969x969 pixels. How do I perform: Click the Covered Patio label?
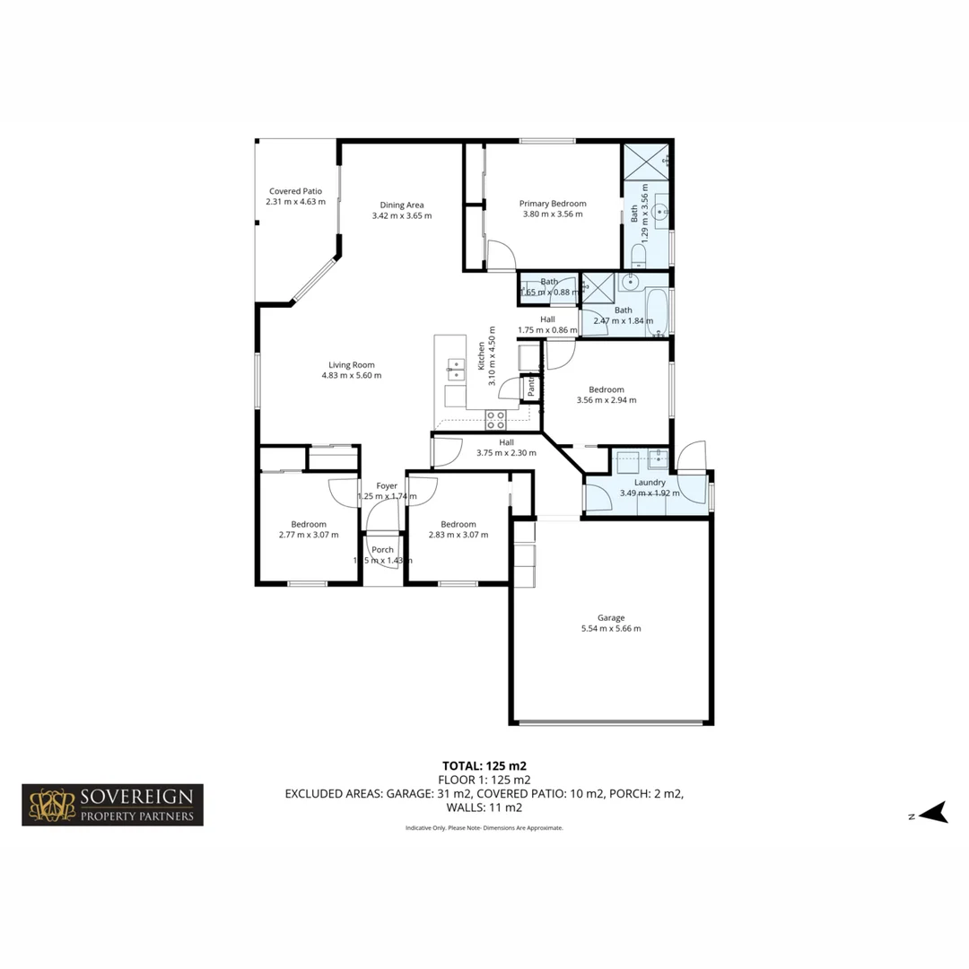tap(295, 191)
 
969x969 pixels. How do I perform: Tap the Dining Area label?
tap(402, 205)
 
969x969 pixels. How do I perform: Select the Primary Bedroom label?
tap(553, 204)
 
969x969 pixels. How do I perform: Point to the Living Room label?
tap(351, 364)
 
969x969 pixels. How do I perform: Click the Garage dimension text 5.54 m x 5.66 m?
tap(610, 629)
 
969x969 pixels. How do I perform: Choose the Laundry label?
tap(649, 482)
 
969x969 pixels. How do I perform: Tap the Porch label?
tap(383, 550)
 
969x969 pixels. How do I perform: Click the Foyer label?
tap(387, 485)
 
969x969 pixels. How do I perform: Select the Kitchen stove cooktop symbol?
tap(495, 419)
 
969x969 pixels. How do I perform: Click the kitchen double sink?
tap(456, 368)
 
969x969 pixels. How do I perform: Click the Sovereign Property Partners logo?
tap(113, 805)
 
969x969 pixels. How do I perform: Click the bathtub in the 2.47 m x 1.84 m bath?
tap(657, 310)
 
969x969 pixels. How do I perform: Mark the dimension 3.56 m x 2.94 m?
tap(607, 400)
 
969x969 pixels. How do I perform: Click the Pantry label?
tap(531, 388)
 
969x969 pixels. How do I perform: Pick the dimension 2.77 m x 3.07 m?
tap(309, 535)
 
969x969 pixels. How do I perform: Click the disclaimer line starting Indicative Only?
tap(484, 828)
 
